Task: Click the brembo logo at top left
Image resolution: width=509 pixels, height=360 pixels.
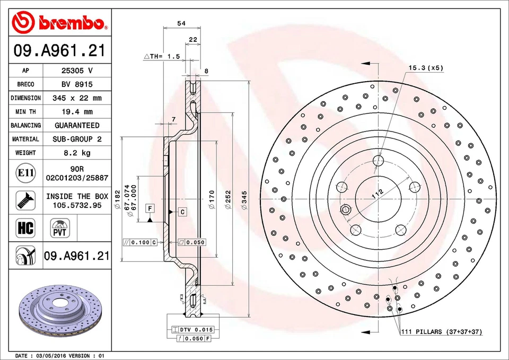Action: coord(59,22)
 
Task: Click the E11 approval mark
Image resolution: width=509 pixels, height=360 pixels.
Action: coord(25,173)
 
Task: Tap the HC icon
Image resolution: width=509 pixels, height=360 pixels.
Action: coord(25,229)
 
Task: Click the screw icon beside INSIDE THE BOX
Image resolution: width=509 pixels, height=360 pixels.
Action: coord(25,200)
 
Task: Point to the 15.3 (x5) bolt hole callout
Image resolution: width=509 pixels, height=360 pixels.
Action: coord(426,68)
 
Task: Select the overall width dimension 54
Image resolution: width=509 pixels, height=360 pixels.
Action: coord(181,23)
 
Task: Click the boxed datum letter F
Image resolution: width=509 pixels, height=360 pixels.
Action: coord(151,208)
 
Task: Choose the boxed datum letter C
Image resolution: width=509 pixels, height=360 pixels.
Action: coord(182,212)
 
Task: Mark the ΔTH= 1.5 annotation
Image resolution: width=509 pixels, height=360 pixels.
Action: coord(162,56)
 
